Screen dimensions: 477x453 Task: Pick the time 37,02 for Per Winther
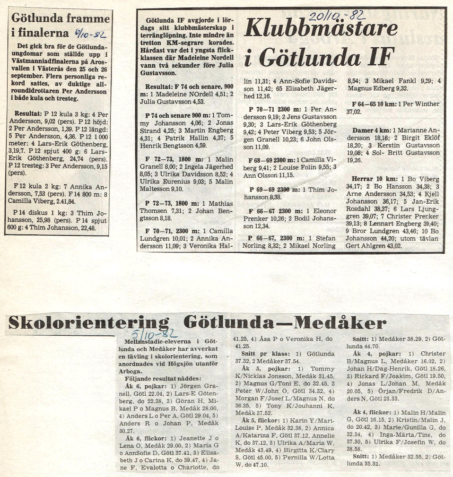[356, 112]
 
